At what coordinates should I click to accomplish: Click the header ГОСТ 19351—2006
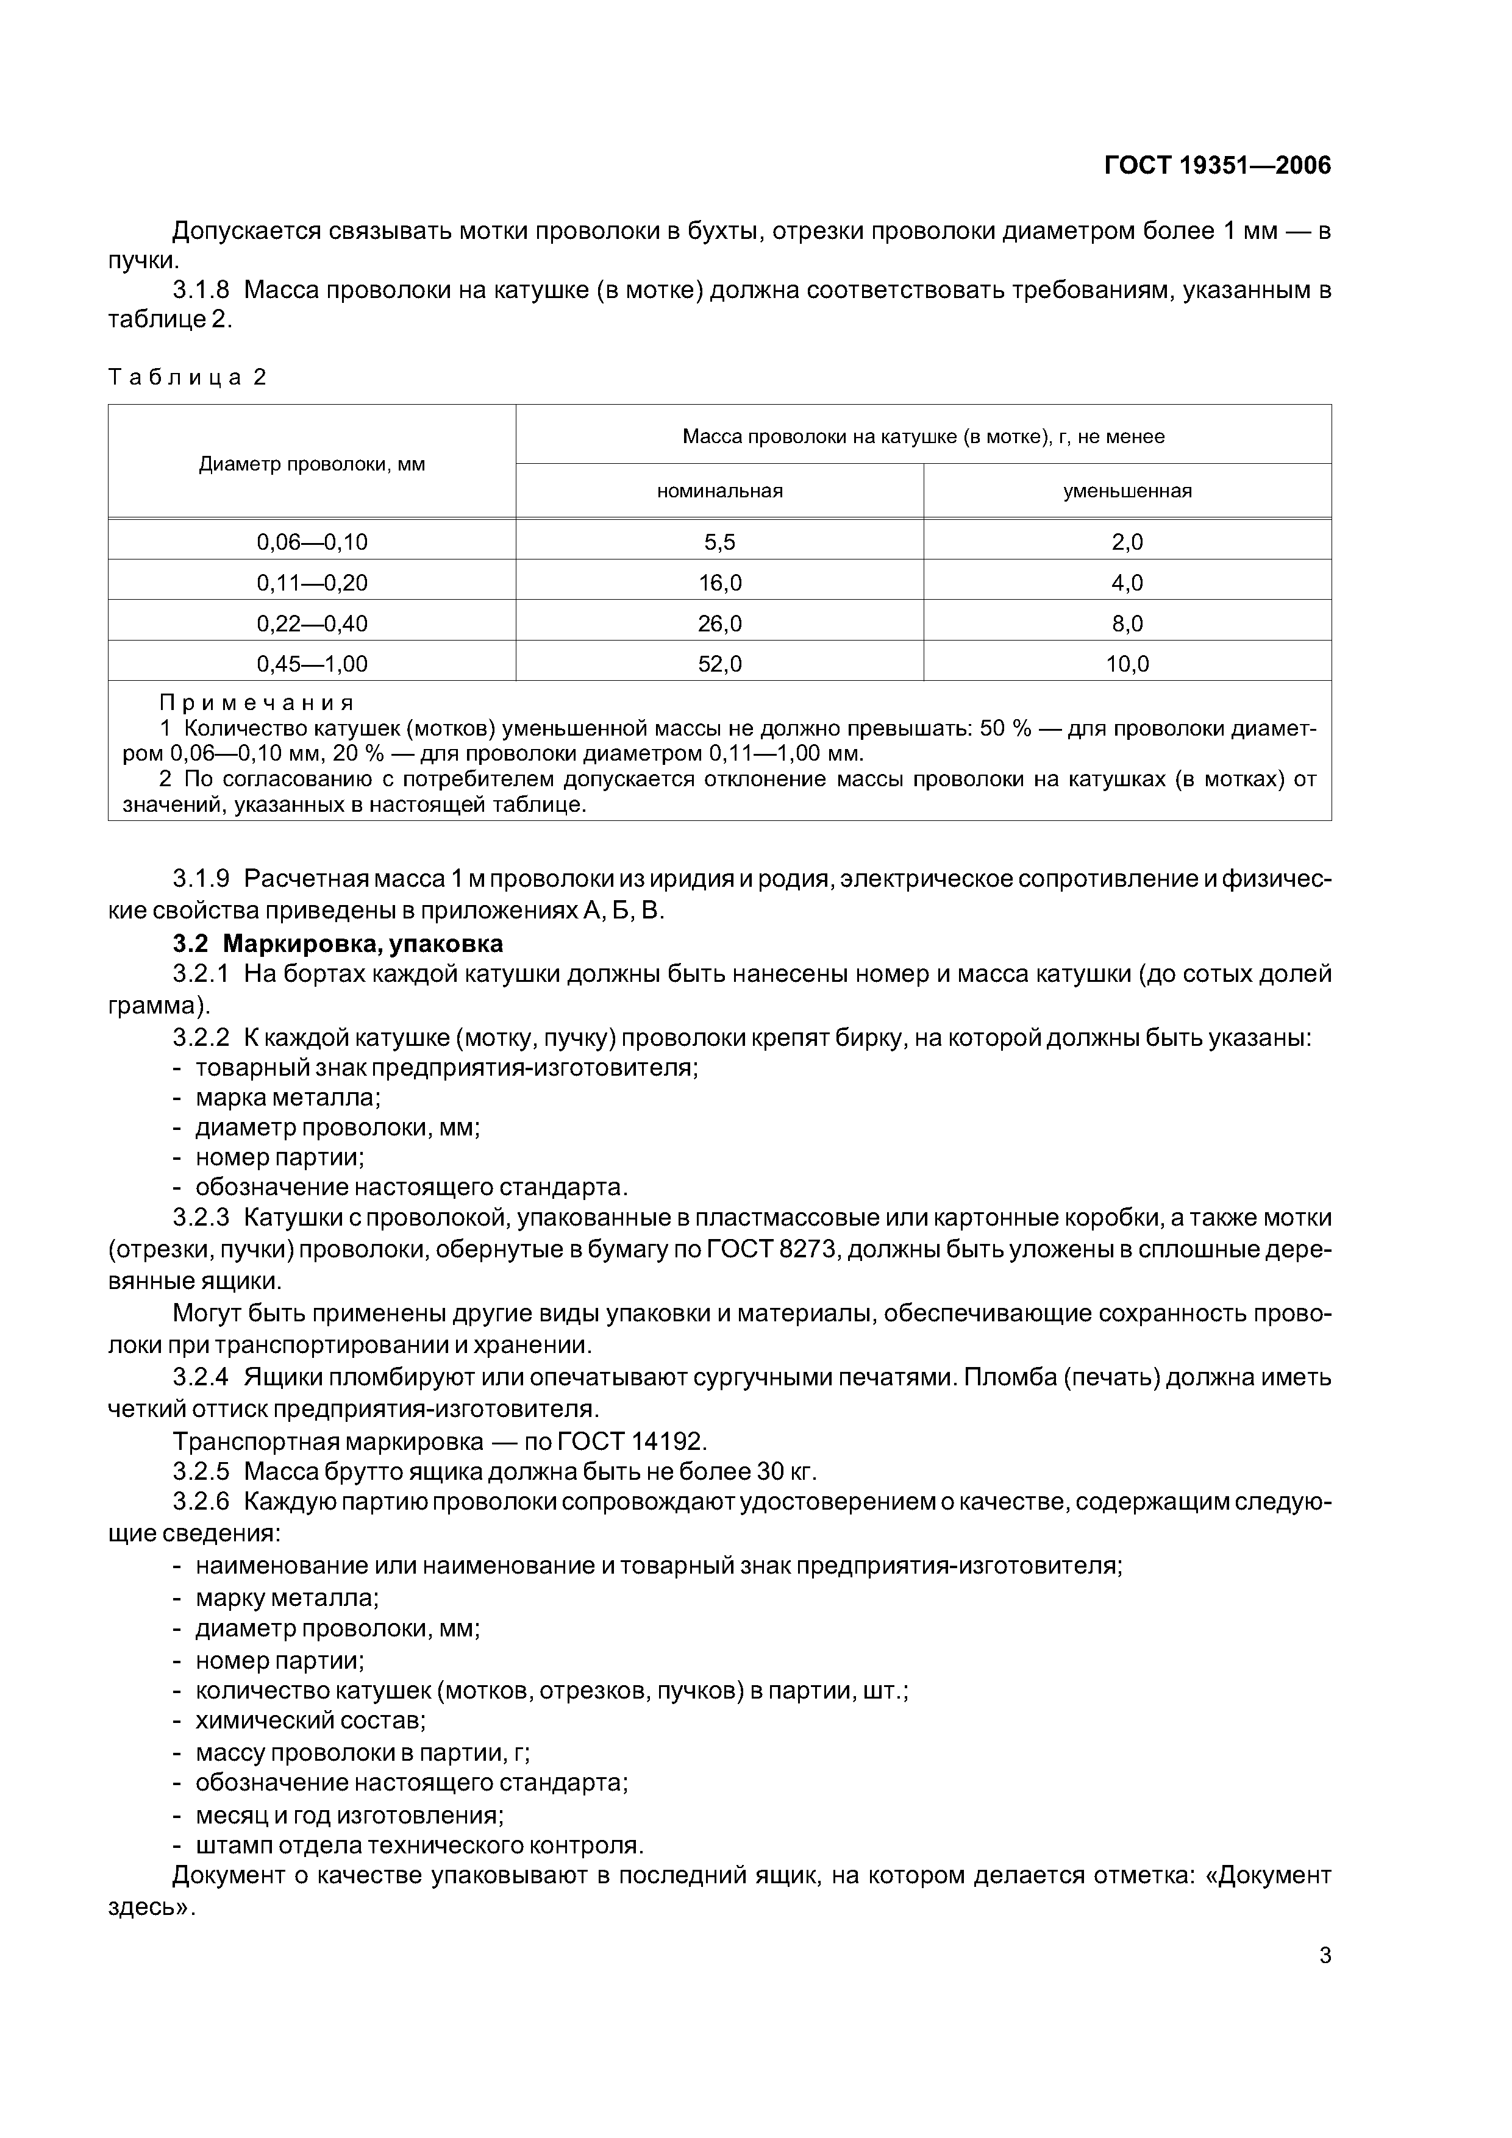click(1217, 166)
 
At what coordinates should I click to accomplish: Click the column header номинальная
click(719, 491)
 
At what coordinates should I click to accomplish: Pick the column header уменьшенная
click(1127, 491)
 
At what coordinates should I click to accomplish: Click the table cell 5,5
click(719, 542)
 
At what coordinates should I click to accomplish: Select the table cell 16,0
click(719, 583)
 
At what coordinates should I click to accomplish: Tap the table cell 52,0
click(719, 664)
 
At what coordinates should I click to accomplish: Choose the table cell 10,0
click(1127, 664)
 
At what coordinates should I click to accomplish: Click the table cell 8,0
click(1127, 623)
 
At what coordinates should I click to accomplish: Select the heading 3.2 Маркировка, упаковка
click(337, 943)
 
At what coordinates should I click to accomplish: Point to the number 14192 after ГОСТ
click(668, 1441)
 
